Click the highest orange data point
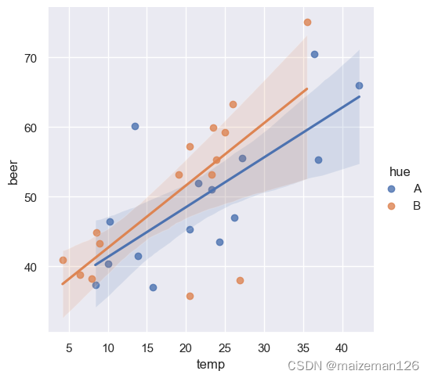point(307,22)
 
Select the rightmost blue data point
point(359,85)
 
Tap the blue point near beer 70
point(314,54)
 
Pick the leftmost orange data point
point(63,260)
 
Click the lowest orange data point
point(190,296)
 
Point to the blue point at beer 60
point(135,126)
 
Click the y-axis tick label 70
point(31,59)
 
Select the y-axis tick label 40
point(31,267)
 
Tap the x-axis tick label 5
point(69,348)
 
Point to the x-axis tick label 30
point(264,348)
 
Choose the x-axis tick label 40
point(342,348)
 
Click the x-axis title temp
point(211,365)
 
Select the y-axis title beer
point(13,173)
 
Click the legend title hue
point(400,172)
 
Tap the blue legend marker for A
point(391,189)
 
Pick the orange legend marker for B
point(391,206)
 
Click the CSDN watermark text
point(353,365)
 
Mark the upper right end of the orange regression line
point(307,88)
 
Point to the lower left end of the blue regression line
point(96,265)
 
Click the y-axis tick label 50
point(31,198)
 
